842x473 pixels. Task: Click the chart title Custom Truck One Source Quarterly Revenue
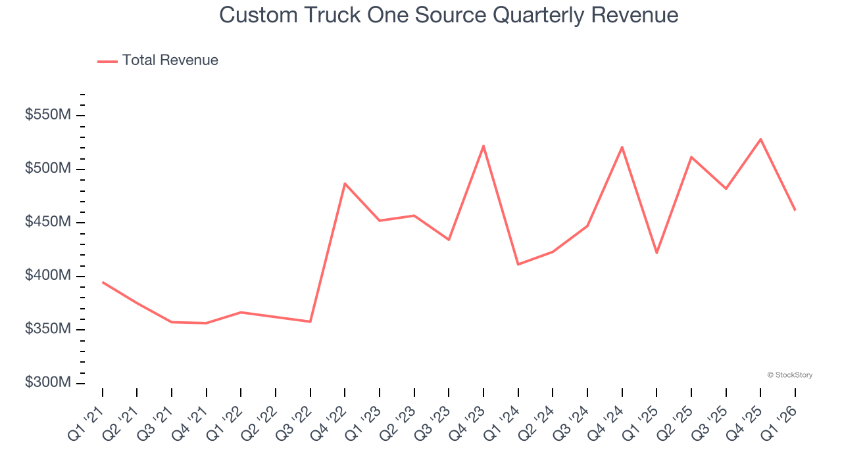449,15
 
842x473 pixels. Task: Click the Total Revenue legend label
170,60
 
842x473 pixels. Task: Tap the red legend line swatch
107,61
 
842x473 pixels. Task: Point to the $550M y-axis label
48,116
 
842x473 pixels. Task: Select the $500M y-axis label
48,169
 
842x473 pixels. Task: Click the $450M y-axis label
48,222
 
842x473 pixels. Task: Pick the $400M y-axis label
48,276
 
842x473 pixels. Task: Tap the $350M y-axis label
48,329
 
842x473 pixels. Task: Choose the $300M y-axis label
48,382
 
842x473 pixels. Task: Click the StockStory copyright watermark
789,375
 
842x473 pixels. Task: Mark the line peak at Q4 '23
483,146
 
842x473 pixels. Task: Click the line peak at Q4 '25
760,139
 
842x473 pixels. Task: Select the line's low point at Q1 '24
518,264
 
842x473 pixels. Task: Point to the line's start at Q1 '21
103,282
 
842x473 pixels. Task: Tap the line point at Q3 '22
310,321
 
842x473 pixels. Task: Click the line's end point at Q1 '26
795,210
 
